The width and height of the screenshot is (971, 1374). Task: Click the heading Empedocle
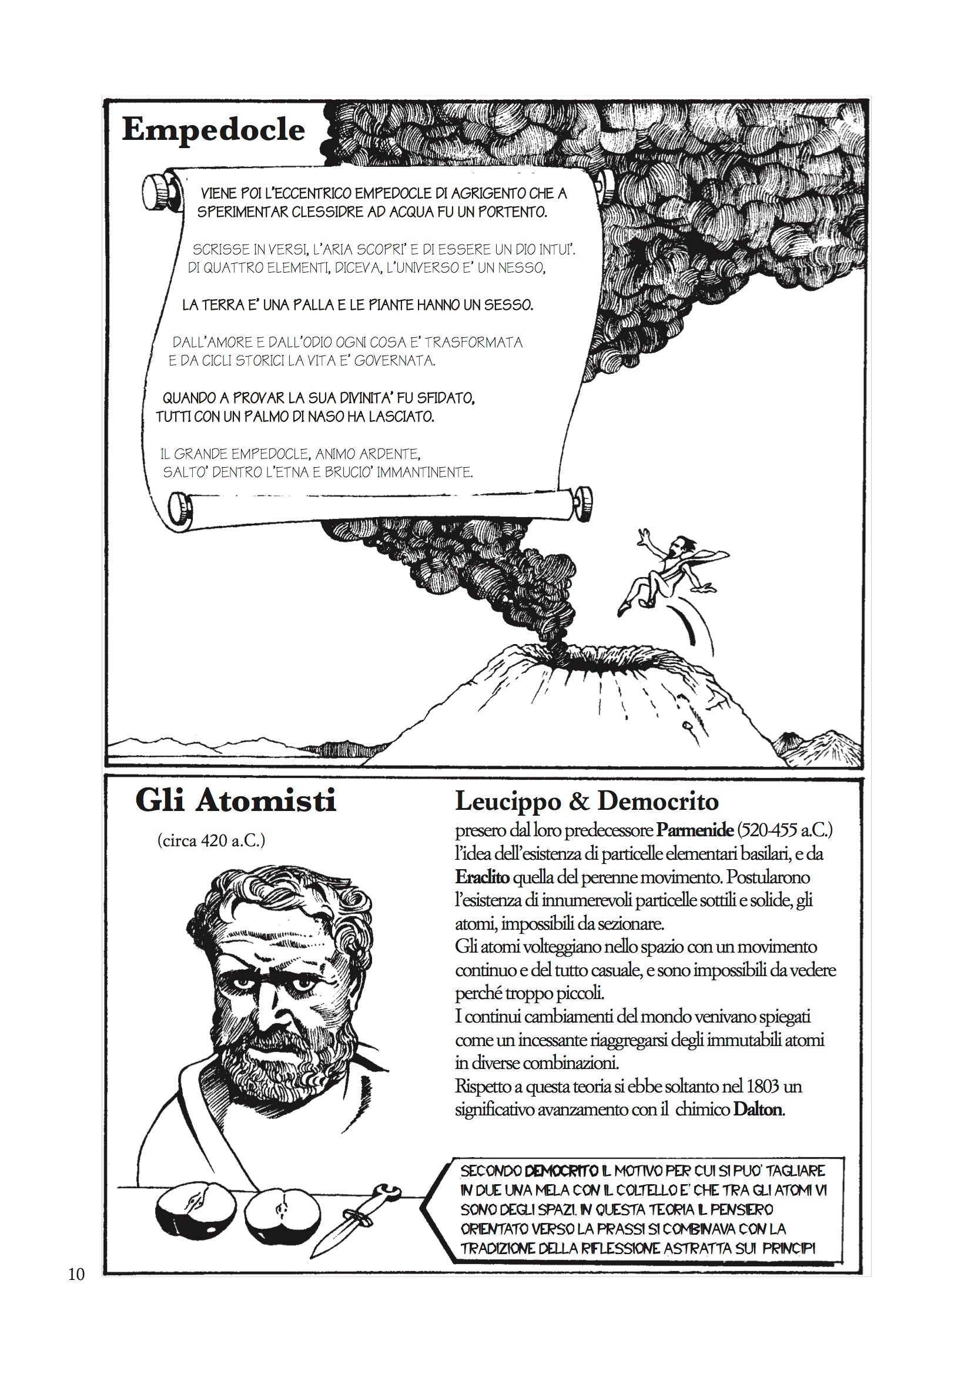tap(213, 130)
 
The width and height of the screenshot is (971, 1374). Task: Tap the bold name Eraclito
tap(482, 877)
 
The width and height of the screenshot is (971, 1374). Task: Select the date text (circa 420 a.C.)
tap(211, 841)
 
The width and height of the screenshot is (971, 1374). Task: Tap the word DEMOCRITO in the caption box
tap(561, 1171)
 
